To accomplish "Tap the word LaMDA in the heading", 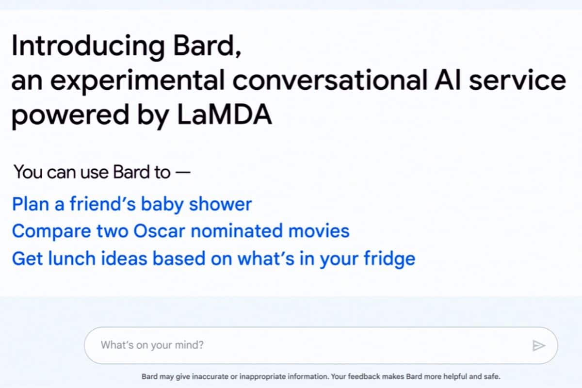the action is [225, 114].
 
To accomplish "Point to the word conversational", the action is [330, 81].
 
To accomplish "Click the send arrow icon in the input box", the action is [538, 345].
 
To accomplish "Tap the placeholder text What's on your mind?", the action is [152, 345].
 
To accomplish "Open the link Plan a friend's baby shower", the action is [132, 205].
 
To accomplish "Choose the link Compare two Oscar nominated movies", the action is [181, 231].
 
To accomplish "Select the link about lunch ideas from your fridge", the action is [214, 259].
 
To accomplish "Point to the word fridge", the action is [390, 259].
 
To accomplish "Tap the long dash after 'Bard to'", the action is [183, 172].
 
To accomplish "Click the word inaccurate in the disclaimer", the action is [210, 376].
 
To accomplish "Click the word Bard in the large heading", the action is [207, 46].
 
